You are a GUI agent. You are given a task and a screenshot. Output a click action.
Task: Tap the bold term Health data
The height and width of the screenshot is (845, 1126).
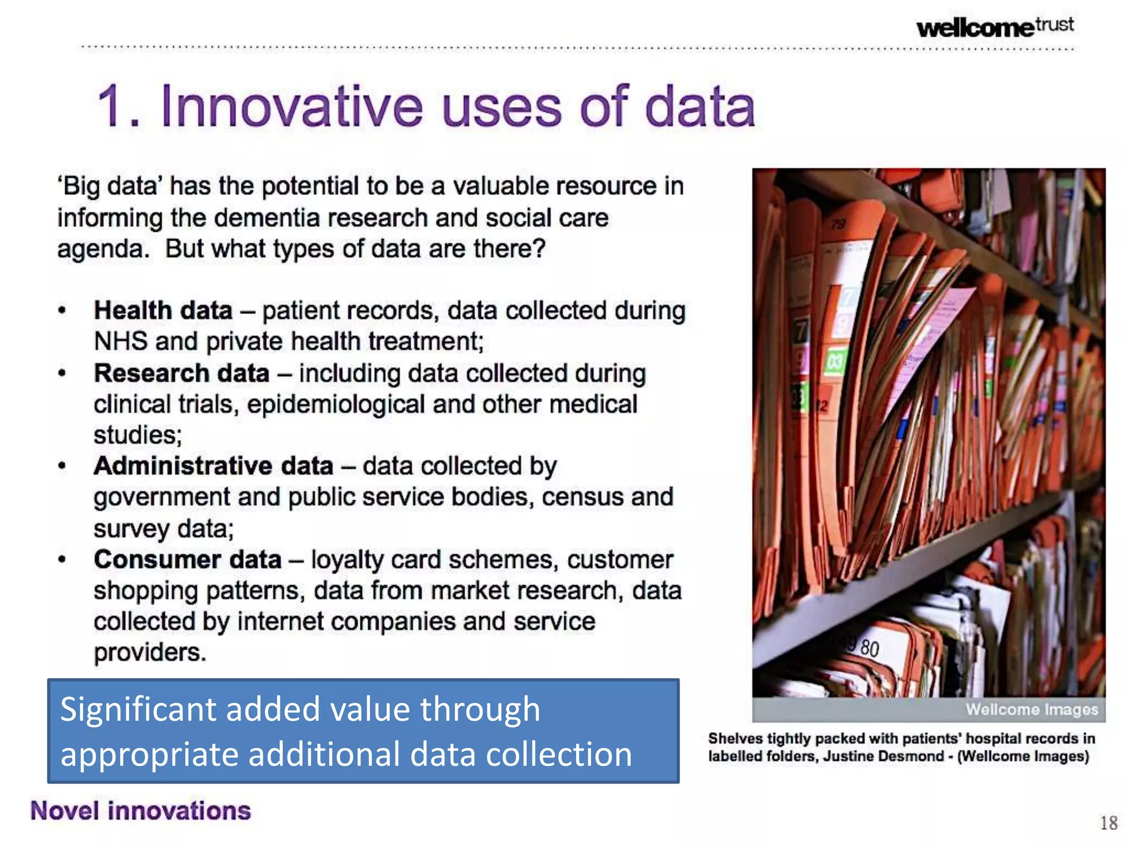click(x=163, y=311)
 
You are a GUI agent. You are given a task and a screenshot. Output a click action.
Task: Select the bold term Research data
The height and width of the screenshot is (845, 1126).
click(x=181, y=374)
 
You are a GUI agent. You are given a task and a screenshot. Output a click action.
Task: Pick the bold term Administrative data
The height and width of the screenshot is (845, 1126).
click(x=213, y=467)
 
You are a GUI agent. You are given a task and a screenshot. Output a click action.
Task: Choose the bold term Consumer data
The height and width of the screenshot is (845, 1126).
click(x=187, y=560)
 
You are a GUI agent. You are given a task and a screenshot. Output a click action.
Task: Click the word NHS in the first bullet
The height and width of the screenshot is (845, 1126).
click(x=121, y=342)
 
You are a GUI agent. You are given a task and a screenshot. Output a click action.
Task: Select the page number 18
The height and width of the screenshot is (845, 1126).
click(x=1108, y=823)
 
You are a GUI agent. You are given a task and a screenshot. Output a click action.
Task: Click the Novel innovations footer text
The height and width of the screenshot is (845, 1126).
click(x=141, y=811)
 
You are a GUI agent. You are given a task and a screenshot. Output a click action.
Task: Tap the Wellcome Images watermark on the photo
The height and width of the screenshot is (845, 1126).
click(x=1031, y=710)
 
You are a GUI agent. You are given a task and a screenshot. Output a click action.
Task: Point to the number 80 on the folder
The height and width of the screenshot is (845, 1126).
click(x=870, y=648)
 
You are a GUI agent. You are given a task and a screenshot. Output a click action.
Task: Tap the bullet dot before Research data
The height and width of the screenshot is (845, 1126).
click(x=62, y=374)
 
